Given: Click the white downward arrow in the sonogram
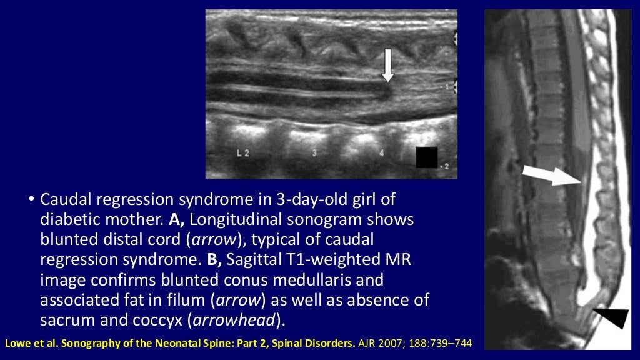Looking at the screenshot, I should pyautogui.click(x=388, y=65).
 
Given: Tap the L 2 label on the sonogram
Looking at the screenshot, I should pyautogui.click(x=244, y=152).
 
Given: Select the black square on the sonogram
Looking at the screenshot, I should pyautogui.click(x=427, y=157).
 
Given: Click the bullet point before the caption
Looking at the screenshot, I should pyautogui.click(x=30, y=201).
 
